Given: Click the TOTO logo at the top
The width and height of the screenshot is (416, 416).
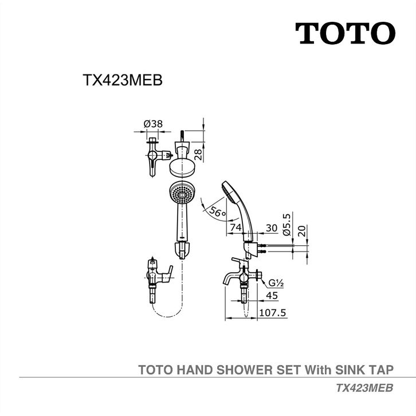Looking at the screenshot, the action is click(x=345, y=33).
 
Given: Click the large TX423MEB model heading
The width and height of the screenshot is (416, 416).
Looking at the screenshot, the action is click(x=123, y=80).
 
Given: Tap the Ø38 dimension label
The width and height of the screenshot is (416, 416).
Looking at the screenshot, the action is click(x=153, y=124).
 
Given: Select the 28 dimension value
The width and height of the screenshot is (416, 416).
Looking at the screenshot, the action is click(x=198, y=154).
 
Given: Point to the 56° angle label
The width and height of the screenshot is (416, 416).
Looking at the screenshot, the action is click(x=218, y=211).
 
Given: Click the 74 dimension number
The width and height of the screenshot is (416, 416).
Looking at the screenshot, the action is click(x=236, y=227).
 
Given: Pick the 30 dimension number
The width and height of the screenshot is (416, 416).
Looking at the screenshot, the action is click(x=272, y=227).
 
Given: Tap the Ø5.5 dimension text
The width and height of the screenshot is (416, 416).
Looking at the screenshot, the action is click(x=287, y=225).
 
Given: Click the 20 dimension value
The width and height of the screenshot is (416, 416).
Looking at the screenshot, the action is click(x=302, y=230).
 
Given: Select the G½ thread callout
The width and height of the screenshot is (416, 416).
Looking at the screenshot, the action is click(x=276, y=283).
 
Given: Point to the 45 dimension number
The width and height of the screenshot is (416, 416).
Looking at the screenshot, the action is click(x=272, y=296).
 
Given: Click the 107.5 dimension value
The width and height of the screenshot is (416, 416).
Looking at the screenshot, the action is click(x=273, y=313).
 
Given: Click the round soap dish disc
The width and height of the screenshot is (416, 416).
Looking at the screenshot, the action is click(x=183, y=168).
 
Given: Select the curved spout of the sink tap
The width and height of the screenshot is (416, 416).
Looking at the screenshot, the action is click(x=230, y=279).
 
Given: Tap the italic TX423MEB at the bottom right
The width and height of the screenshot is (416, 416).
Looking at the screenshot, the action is click(x=365, y=388).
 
